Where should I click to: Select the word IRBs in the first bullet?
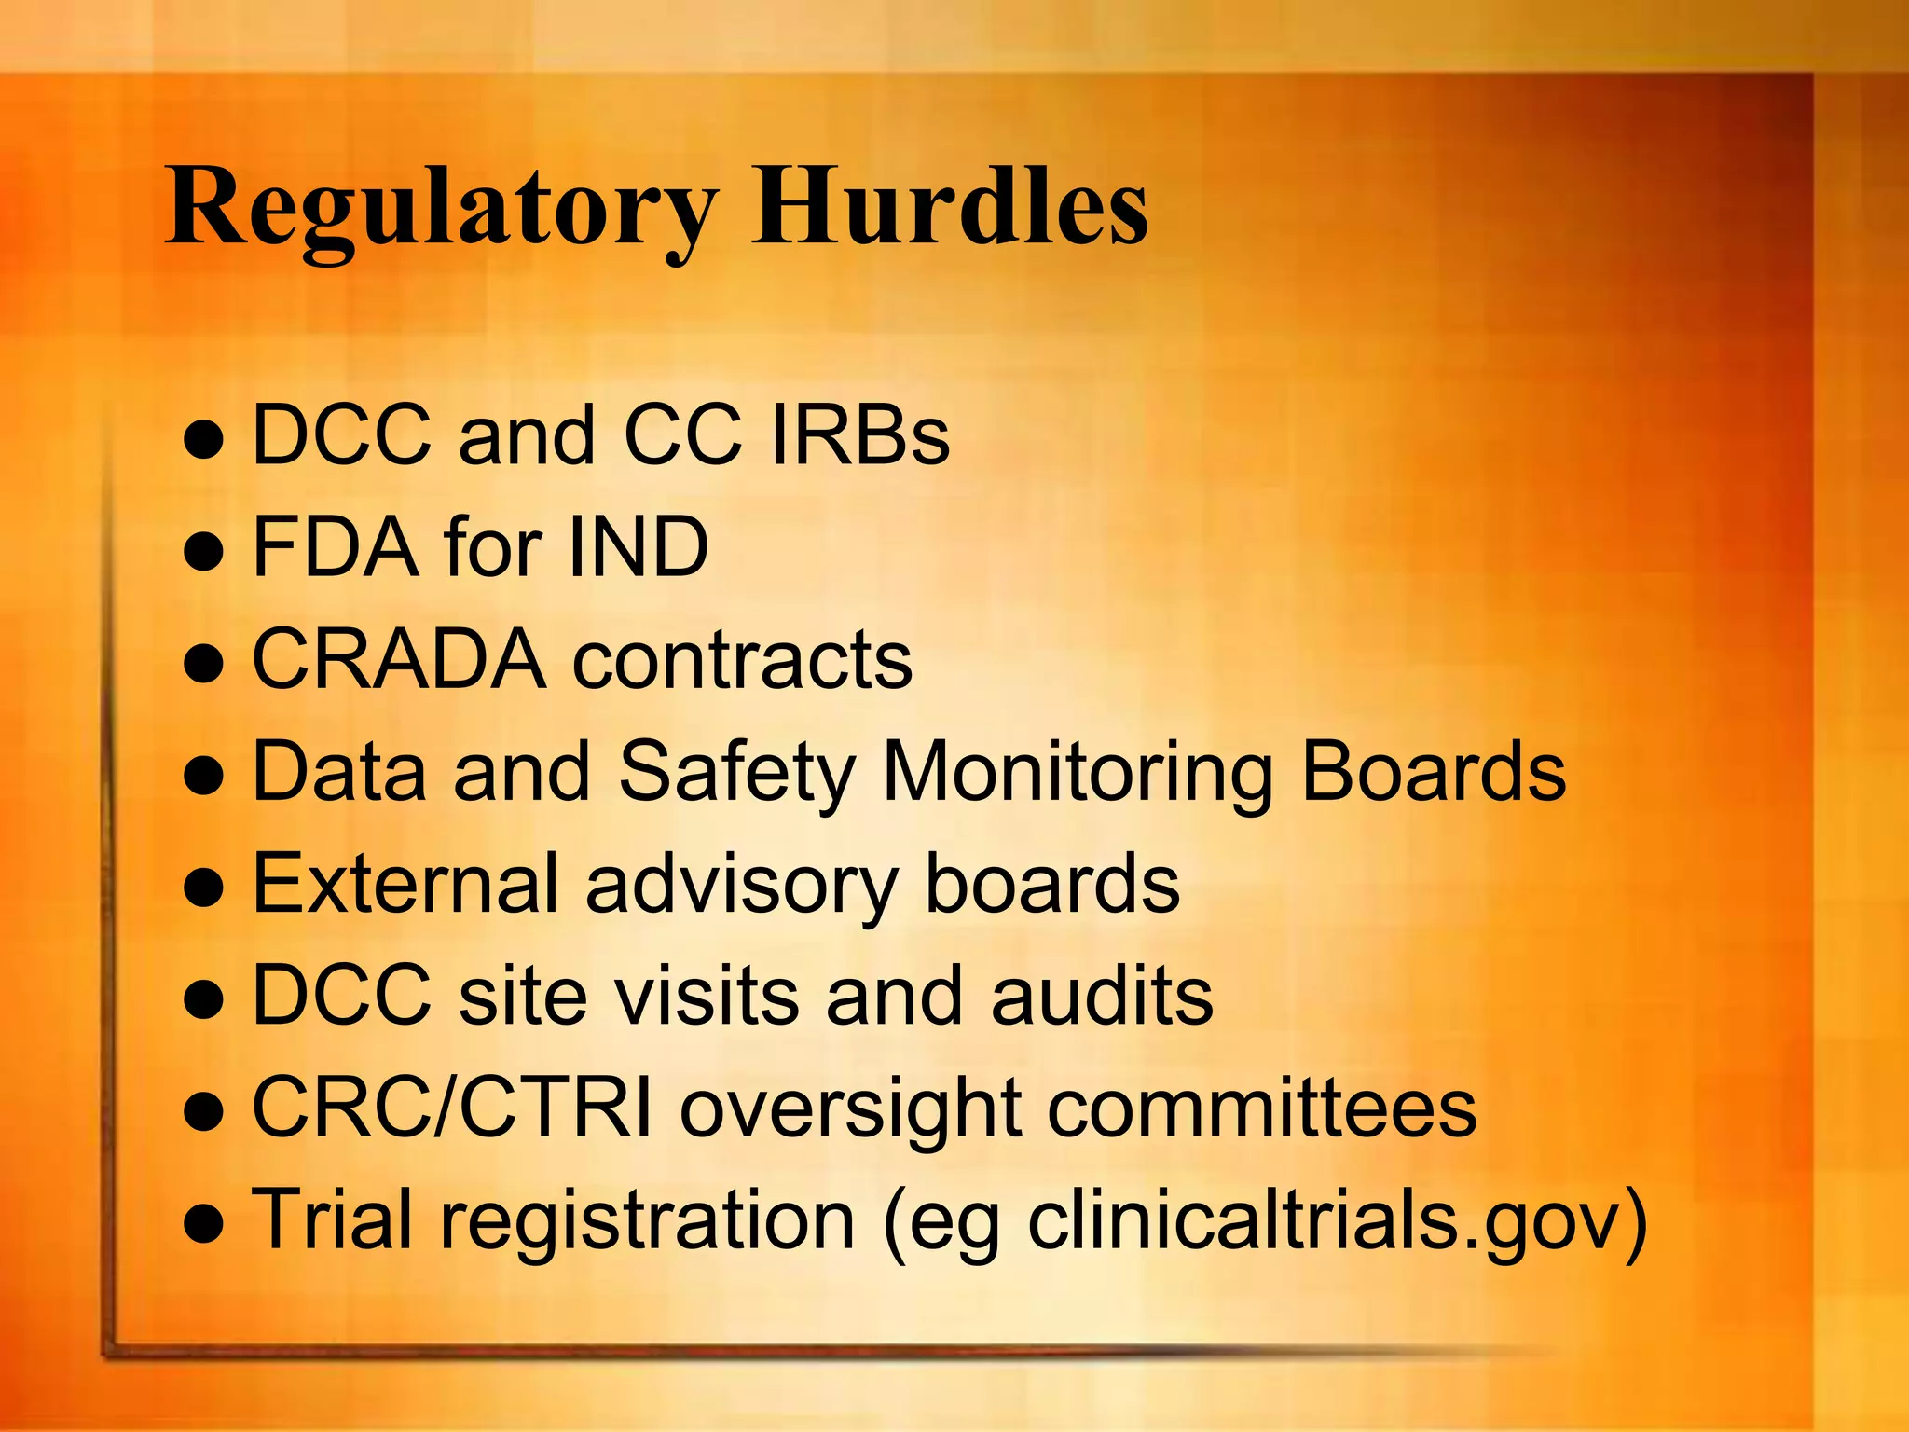click(859, 434)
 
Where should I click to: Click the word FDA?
click(336, 547)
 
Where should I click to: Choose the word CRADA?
click(399, 659)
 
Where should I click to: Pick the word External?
click(405, 884)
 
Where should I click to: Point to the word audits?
click(1102, 996)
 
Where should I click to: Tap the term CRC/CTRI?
click(452, 1108)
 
